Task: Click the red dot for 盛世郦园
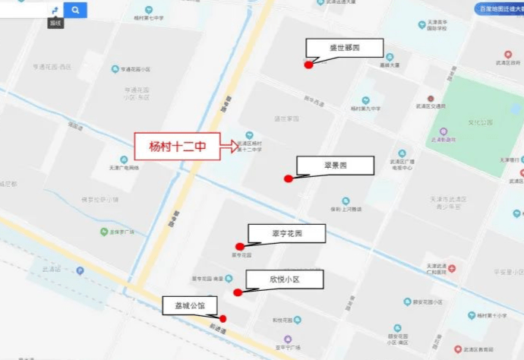tap(308, 65)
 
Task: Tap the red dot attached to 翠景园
tap(289, 179)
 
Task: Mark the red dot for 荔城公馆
tap(223, 319)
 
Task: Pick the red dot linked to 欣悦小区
tap(238, 292)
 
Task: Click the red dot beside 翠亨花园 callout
tap(240, 246)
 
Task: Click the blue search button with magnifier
tap(75, 10)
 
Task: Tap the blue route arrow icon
tap(55, 10)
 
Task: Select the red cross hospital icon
tap(452, 269)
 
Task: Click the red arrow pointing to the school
tap(229, 147)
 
